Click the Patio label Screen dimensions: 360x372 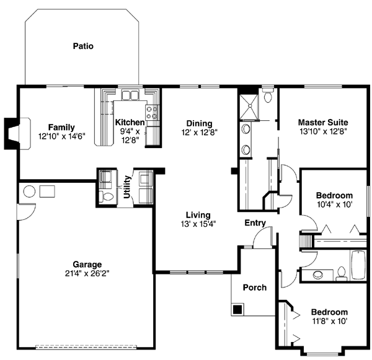tap(83, 46)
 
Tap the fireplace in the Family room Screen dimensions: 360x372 tap(14, 132)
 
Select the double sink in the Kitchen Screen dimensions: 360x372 tap(130, 95)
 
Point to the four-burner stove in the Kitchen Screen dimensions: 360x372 tap(151, 112)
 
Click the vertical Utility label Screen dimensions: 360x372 tap(126, 187)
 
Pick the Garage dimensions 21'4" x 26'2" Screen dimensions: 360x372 tap(86, 273)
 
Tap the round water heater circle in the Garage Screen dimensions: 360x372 tap(29, 191)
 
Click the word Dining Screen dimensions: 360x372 tap(198, 123)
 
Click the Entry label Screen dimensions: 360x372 tap(255, 223)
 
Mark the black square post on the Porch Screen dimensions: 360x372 tap(237, 308)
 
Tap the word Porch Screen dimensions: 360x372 tap(254, 288)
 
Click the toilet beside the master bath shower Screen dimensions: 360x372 tap(268, 96)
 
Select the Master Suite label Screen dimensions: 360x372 tap(322, 122)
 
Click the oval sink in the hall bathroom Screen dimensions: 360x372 tap(317, 274)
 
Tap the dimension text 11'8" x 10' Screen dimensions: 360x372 tap(329, 321)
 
